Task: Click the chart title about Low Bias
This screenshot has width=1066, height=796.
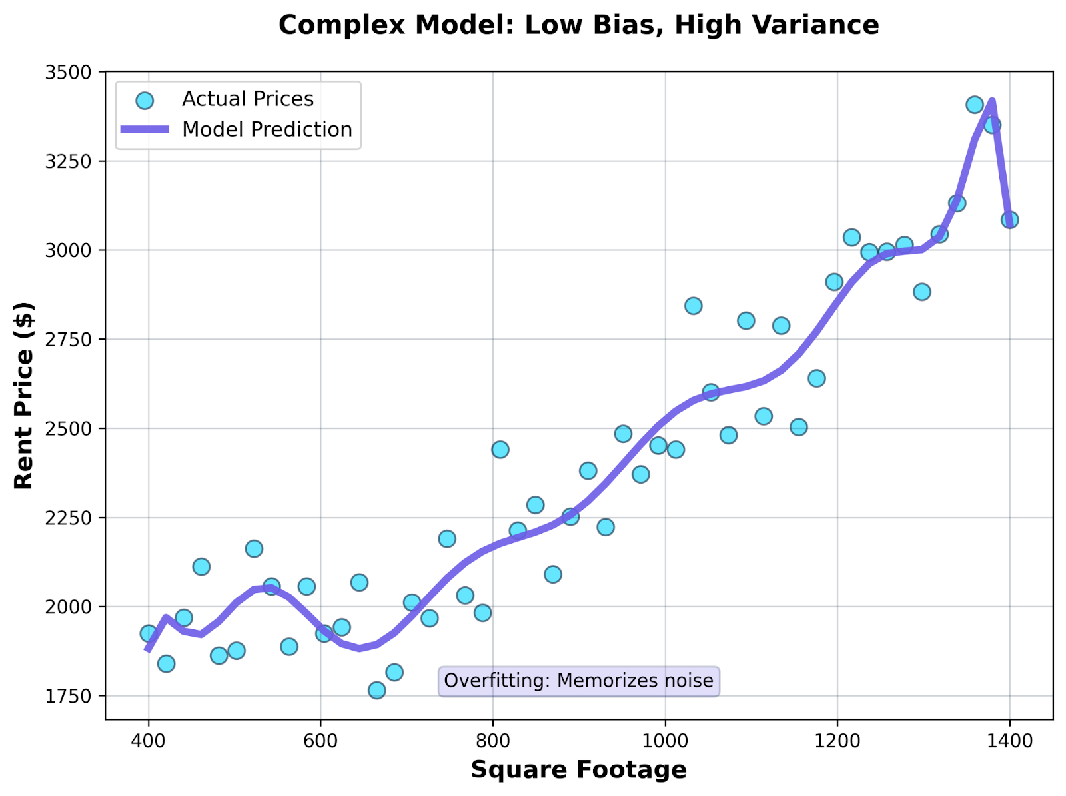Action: point(578,25)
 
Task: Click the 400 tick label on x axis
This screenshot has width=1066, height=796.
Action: point(148,740)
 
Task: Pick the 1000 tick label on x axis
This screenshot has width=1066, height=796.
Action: point(665,740)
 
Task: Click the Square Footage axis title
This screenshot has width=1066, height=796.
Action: point(578,770)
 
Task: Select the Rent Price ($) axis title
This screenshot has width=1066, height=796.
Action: point(23,396)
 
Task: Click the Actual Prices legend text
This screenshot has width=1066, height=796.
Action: point(247,99)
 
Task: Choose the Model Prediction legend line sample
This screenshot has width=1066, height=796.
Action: point(145,129)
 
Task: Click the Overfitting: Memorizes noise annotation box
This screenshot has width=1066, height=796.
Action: point(578,681)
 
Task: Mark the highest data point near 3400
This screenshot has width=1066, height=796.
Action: point(975,105)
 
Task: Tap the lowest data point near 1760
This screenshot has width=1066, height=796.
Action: point(377,690)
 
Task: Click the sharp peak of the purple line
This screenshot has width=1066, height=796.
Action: point(992,102)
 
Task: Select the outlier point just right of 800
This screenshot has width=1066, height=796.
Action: point(500,450)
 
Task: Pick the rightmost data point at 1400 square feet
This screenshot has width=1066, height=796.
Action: point(1009,220)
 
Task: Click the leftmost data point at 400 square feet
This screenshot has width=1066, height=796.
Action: point(149,633)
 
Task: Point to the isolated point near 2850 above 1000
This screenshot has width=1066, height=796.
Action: point(693,306)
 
